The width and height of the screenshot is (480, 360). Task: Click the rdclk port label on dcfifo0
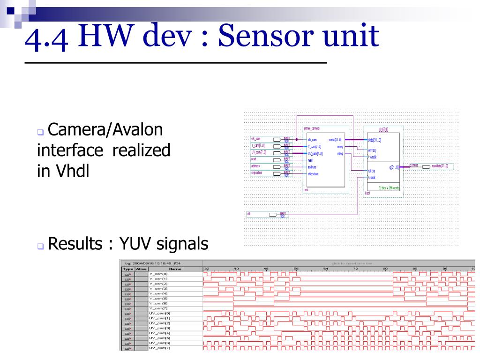click(x=372, y=177)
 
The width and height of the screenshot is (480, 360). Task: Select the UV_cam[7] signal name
click(x=159, y=347)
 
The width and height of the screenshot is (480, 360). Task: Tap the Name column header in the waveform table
click(x=175, y=269)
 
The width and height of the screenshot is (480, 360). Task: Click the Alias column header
click(x=142, y=269)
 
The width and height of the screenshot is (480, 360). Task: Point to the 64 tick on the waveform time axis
click(x=326, y=269)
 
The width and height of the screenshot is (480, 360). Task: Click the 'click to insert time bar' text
click(x=352, y=263)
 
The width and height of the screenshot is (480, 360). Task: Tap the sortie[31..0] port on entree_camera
click(x=335, y=140)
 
